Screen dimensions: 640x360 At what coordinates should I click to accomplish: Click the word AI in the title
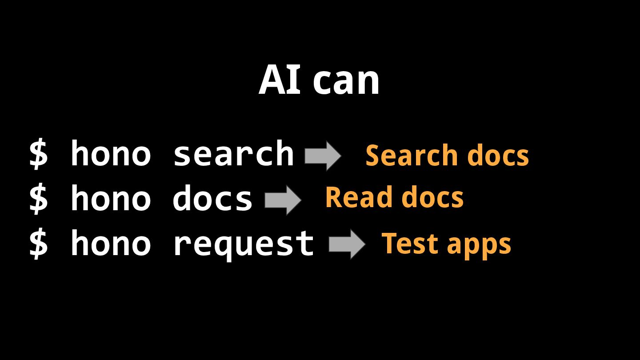click(x=274, y=81)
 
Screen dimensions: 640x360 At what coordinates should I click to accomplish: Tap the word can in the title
click(x=346, y=82)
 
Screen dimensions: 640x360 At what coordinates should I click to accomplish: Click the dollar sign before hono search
click(x=38, y=154)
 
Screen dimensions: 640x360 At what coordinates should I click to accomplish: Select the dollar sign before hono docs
click(x=38, y=199)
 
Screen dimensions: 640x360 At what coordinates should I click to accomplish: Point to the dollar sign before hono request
click(x=38, y=243)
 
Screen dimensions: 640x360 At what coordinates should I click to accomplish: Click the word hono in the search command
click(x=111, y=153)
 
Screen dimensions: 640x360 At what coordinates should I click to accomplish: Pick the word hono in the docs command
click(x=111, y=198)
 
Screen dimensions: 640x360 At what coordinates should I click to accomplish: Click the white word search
click(x=233, y=153)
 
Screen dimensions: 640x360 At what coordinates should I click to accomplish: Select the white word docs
click(x=212, y=198)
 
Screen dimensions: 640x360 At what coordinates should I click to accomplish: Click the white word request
click(x=244, y=243)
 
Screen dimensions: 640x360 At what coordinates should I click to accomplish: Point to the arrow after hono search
click(x=323, y=156)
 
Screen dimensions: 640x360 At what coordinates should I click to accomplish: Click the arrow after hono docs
click(x=283, y=200)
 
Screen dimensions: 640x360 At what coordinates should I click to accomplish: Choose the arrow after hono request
click(x=347, y=244)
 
